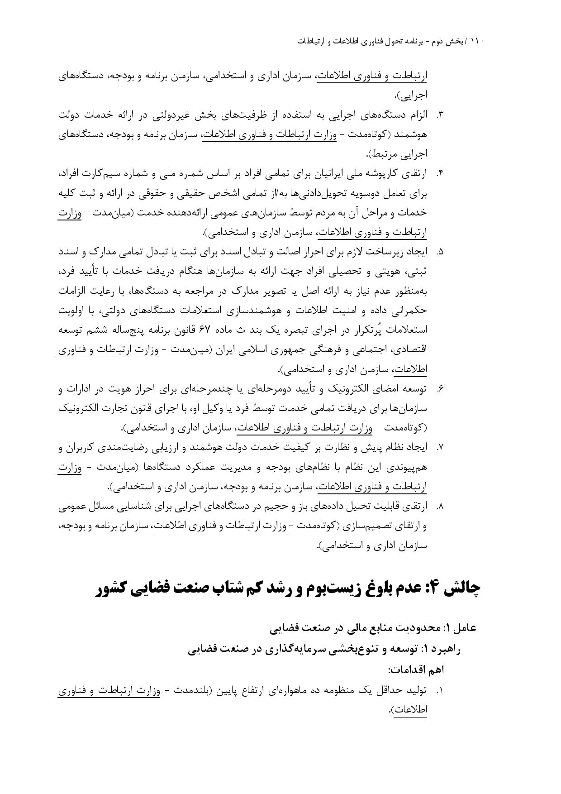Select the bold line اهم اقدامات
(x=417, y=669)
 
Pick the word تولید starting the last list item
(x=417, y=691)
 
